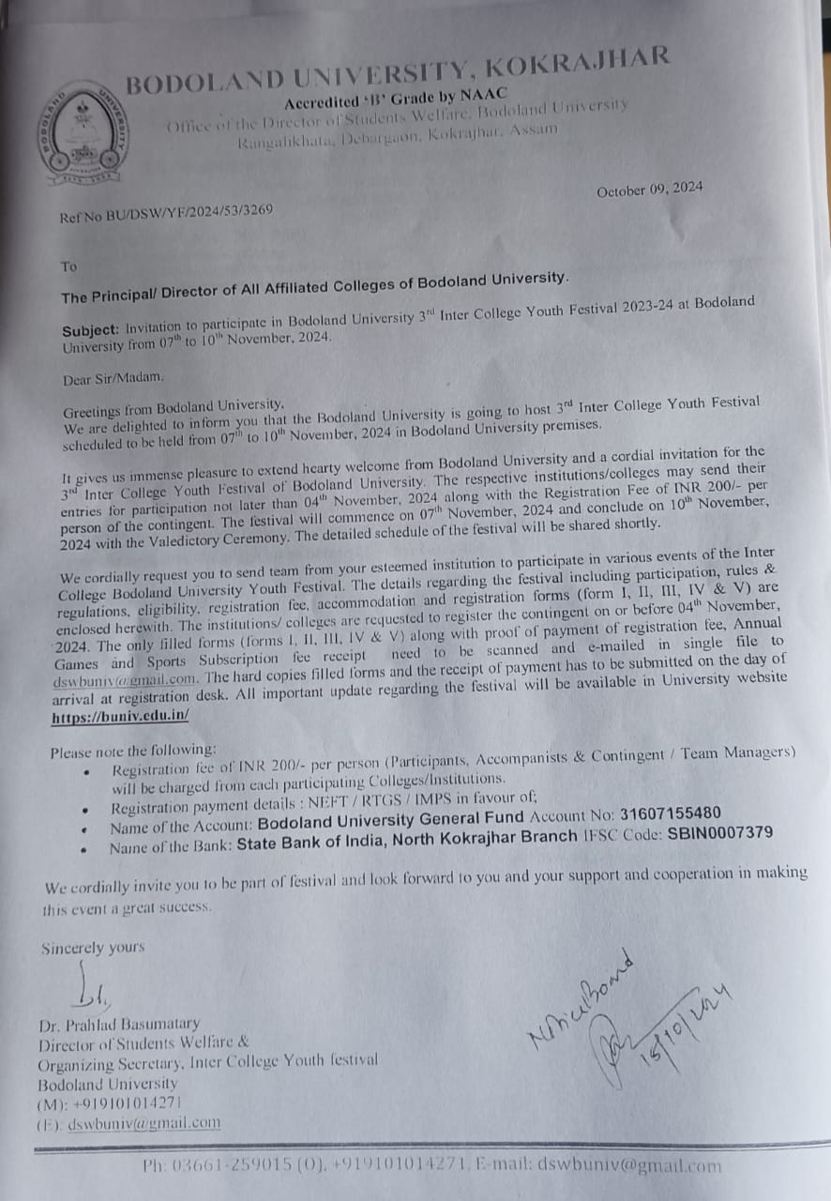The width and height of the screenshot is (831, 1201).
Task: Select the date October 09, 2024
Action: (649, 189)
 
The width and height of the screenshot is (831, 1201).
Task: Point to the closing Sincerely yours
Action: (93, 948)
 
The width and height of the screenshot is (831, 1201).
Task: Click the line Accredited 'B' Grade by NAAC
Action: (395, 98)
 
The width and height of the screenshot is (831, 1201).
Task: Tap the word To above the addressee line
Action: (68, 267)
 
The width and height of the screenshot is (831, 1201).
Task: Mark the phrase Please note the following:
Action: (132, 752)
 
